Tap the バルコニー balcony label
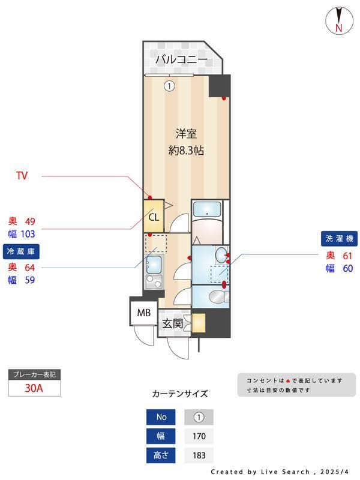[x=181, y=59]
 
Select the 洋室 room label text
[x=186, y=133]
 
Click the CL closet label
[x=154, y=217]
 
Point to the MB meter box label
[x=144, y=313]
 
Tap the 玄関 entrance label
[x=172, y=323]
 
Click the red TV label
[x=22, y=176]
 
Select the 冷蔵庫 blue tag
[x=20, y=251]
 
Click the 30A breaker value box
[x=34, y=388]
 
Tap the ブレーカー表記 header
[x=34, y=375]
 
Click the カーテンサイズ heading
[x=180, y=394]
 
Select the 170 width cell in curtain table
[x=198, y=436]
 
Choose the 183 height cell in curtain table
[x=198, y=455]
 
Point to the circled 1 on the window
[x=169, y=86]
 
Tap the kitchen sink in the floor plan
[x=154, y=263]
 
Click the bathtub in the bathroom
[x=209, y=209]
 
